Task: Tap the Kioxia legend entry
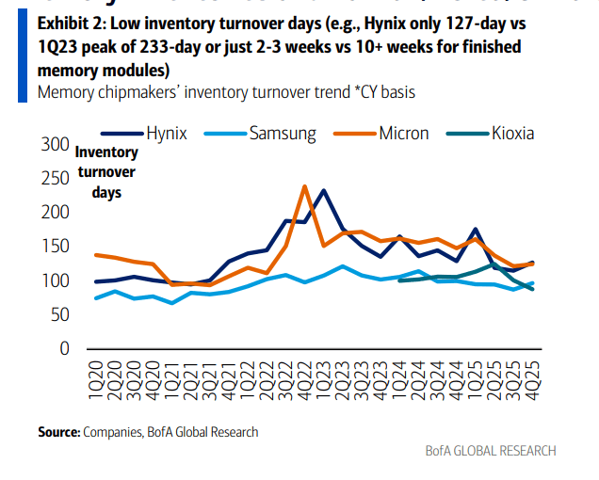(x=512, y=133)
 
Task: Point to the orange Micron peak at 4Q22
(x=304, y=186)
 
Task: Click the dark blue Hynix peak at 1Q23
(x=323, y=190)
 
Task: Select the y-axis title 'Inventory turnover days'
(x=105, y=171)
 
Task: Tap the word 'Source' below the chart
(x=59, y=432)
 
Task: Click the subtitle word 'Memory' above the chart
(x=62, y=91)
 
